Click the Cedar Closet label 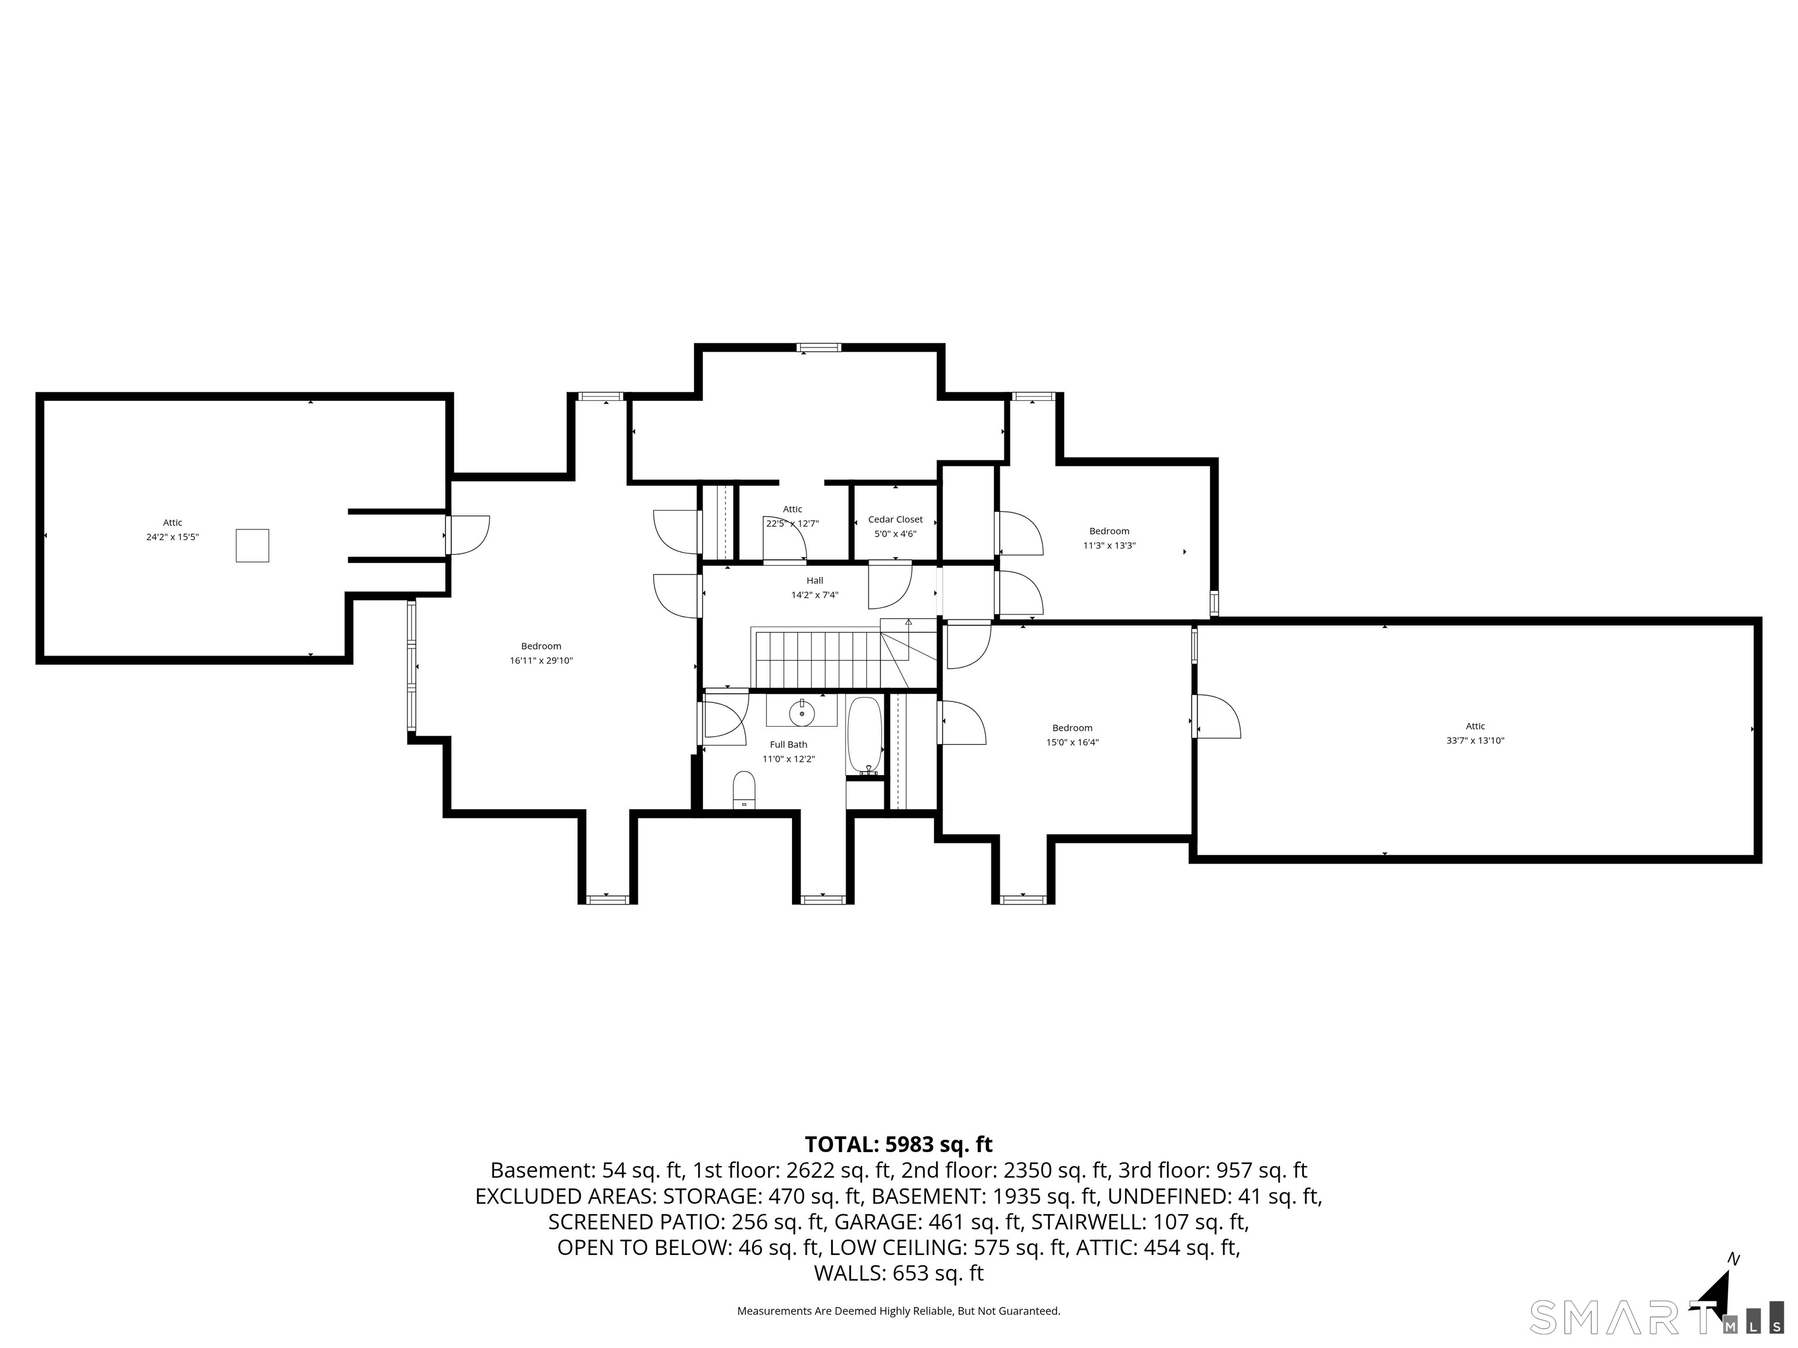895,519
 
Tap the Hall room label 815,580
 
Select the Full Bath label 788,744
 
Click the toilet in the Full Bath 744,790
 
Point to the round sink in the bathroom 801,713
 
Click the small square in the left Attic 252,545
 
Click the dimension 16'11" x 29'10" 541,661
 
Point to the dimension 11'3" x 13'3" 1109,546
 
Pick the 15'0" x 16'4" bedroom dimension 1072,742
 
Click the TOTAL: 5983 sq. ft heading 898,1144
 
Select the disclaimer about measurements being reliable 898,1311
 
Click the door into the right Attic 1216,716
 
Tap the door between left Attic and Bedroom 466,535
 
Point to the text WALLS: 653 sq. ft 898,1273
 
